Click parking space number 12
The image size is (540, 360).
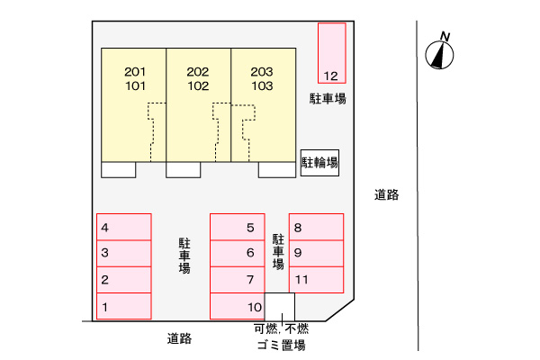(331, 53)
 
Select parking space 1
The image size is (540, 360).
(124, 306)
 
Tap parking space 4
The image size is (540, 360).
(124, 227)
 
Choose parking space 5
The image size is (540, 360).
(238, 227)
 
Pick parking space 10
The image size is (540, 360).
(238, 306)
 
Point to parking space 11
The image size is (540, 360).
(316, 280)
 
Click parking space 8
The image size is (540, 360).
(316, 227)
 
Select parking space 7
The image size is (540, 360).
(238, 280)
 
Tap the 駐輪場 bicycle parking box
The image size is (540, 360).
(319, 163)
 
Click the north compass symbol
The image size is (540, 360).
(439, 51)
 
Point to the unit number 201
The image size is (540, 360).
(135, 72)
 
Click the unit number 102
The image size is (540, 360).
(198, 85)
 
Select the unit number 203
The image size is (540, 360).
(262, 72)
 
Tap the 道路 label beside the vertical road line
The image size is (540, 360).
(387, 194)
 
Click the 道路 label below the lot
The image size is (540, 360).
(179, 338)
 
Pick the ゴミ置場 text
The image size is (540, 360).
(282, 345)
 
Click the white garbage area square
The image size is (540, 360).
(280, 307)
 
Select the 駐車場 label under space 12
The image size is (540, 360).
(328, 99)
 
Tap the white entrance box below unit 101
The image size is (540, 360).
(119, 170)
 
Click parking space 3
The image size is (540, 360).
(124, 253)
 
